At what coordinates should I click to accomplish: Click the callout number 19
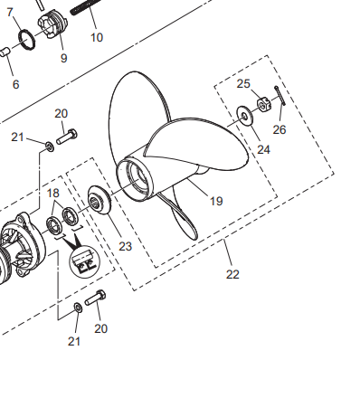(216, 201)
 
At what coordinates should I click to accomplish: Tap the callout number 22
(232, 274)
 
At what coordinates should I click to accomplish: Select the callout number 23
(126, 246)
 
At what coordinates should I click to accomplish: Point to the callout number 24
(263, 149)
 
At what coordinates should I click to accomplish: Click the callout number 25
(243, 83)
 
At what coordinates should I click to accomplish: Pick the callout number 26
(279, 129)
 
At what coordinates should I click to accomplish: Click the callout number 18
(53, 193)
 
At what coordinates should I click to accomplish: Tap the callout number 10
(97, 37)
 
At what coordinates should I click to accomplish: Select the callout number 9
(63, 58)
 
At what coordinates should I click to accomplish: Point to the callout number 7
(10, 13)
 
